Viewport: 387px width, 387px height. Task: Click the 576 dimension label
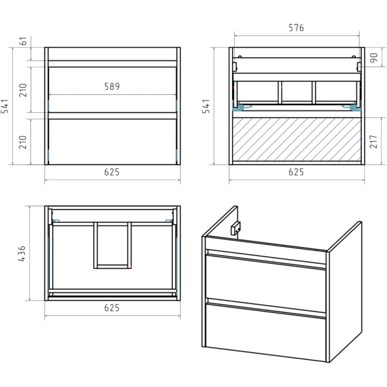point(296,28)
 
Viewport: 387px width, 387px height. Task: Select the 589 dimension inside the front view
point(112,86)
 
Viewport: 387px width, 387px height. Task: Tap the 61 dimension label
point(23,41)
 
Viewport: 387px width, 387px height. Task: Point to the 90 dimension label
point(373,57)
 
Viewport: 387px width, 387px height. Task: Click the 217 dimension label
point(373,141)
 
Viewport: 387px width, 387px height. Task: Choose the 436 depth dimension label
point(22,253)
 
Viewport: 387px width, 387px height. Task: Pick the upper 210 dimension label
point(23,90)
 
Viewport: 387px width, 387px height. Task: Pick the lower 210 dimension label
point(23,142)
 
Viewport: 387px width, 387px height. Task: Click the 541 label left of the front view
point(5,106)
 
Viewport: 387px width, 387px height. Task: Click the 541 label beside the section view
point(206,106)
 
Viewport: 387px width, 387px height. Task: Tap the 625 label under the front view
point(112,172)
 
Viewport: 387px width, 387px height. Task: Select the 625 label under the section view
point(296,172)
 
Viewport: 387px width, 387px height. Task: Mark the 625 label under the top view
point(112,308)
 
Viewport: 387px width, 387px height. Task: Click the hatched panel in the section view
point(297,139)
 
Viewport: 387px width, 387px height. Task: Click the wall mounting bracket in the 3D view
point(235,228)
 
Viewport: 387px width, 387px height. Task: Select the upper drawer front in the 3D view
point(266,284)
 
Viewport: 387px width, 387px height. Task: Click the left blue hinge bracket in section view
point(238,107)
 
